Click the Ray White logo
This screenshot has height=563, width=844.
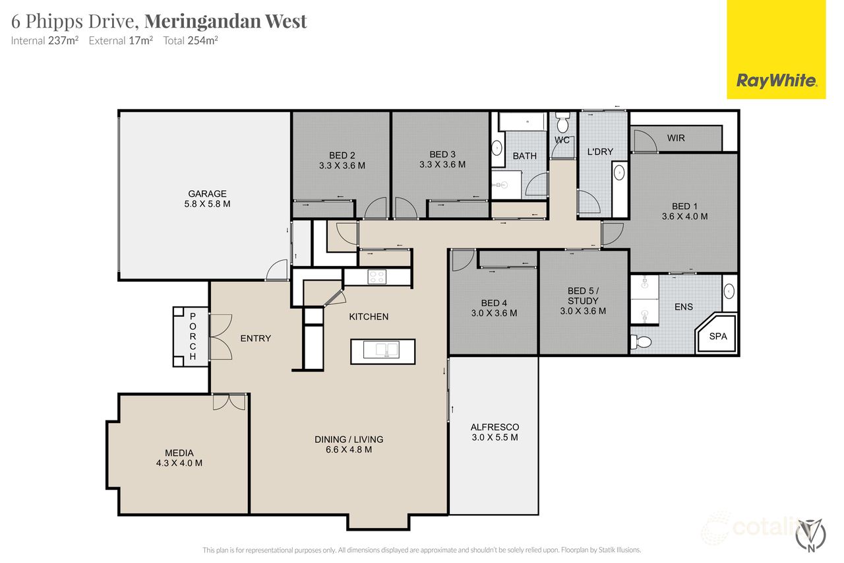(x=776, y=81)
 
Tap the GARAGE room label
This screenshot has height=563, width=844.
(x=208, y=193)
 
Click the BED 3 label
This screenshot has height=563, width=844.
(x=442, y=154)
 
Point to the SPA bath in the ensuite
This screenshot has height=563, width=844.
(x=717, y=337)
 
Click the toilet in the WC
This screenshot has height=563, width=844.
(x=562, y=123)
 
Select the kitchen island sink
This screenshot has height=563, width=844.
(x=382, y=350)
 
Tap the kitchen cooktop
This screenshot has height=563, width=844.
(x=377, y=277)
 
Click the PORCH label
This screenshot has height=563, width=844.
(x=193, y=336)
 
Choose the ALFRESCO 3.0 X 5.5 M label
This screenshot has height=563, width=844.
(x=495, y=432)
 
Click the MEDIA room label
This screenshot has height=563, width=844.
(x=179, y=453)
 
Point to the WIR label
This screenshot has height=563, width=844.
(x=676, y=139)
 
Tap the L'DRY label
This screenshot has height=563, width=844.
(x=600, y=152)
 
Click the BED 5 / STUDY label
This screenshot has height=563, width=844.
(x=583, y=300)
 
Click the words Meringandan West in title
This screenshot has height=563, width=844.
(x=226, y=21)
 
